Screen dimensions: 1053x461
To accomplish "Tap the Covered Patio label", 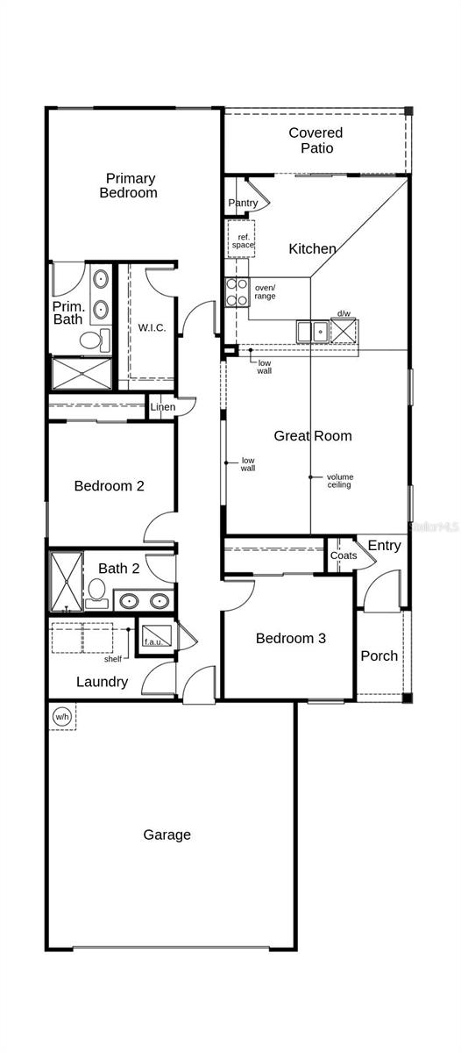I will click(316, 140).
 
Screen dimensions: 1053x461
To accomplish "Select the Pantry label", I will click(243, 204).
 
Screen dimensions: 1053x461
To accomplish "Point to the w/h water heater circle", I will click(61, 716).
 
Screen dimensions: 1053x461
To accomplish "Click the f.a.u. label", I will click(153, 641).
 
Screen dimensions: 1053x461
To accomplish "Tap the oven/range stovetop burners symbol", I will click(237, 291).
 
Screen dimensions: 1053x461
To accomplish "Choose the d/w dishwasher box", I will click(344, 330).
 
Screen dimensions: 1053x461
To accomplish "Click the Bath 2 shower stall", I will click(66, 581).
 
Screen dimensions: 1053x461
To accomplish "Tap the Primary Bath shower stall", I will click(82, 373).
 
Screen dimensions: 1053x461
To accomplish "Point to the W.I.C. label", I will click(152, 328).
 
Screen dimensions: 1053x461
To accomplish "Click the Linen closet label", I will click(162, 407).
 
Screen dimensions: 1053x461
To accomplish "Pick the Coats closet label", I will click(344, 555).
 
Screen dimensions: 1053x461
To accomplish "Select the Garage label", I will click(167, 835).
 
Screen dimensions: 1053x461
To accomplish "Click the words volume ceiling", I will click(340, 480).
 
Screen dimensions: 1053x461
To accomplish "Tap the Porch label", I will click(379, 655).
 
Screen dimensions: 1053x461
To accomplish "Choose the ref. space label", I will click(242, 240).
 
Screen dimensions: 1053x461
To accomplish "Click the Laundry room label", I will click(102, 682).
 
